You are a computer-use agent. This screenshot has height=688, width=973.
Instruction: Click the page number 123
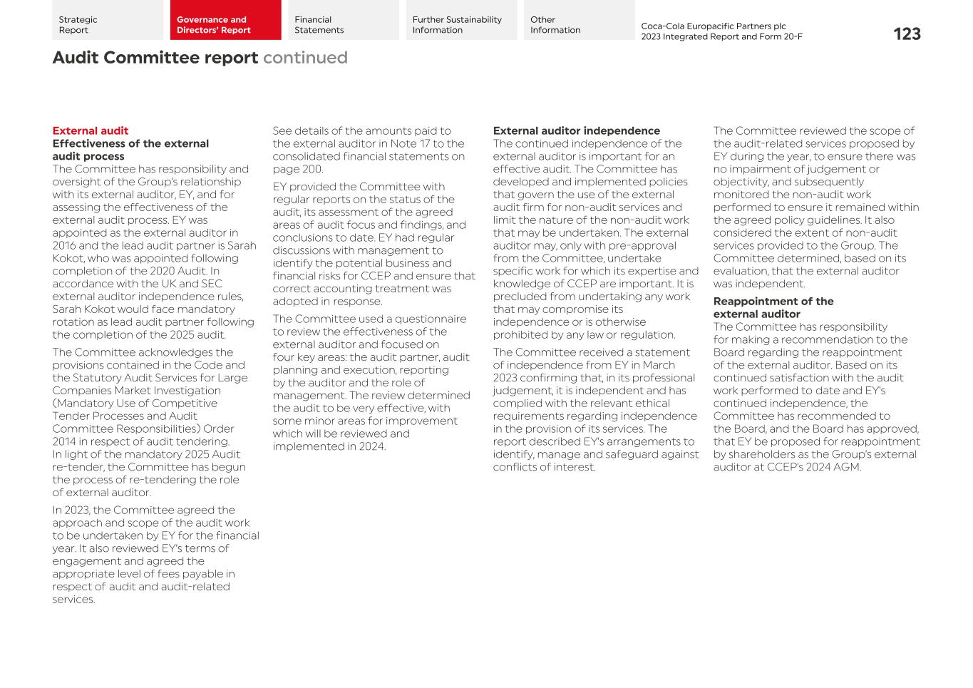coord(906,34)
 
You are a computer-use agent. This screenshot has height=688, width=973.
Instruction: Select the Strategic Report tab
coord(107,20)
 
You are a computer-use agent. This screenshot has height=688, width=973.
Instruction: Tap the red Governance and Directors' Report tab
coord(225,20)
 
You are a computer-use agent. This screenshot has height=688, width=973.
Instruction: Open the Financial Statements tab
coord(343,20)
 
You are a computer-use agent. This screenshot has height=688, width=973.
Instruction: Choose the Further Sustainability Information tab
coord(460,20)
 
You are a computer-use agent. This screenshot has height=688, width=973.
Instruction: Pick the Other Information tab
coord(578,20)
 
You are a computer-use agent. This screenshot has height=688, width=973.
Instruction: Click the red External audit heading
coord(91,130)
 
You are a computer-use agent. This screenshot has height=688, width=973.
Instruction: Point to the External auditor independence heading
coord(576,130)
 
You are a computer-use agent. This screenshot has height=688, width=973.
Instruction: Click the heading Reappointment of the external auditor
coord(773,307)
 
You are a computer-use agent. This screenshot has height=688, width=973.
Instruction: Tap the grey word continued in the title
coord(305,58)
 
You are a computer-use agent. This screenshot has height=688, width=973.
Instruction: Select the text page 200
coord(297,169)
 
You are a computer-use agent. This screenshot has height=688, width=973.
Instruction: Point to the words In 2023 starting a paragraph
coord(71,510)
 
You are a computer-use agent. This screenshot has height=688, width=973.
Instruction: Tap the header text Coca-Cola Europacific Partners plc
coord(713,26)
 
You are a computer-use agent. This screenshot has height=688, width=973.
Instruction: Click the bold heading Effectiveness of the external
coord(130,143)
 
